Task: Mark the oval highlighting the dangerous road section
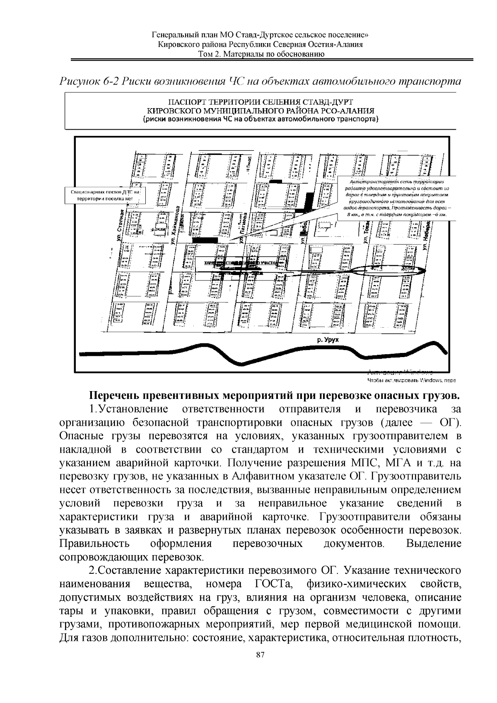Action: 390,271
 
